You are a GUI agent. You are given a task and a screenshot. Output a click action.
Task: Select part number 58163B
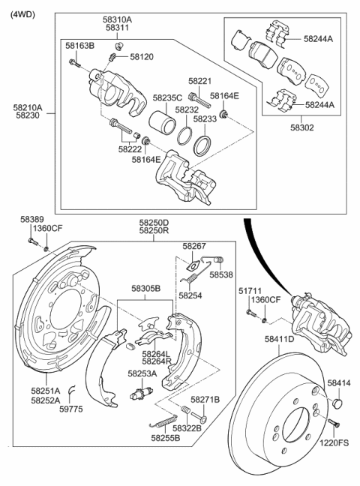point(79,46)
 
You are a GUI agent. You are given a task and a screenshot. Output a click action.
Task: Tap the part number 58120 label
point(141,56)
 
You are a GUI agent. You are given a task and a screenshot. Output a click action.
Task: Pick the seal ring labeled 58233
point(202,144)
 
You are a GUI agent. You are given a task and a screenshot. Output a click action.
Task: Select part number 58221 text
point(200,81)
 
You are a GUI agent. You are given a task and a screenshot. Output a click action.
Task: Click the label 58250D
point(153,223)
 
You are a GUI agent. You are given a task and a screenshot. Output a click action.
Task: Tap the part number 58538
point(221,274)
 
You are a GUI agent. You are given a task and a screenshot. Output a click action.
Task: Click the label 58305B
point(146,287)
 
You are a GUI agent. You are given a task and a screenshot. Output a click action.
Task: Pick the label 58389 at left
point(31,218)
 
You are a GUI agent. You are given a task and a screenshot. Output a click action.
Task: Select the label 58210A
point(28,108)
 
